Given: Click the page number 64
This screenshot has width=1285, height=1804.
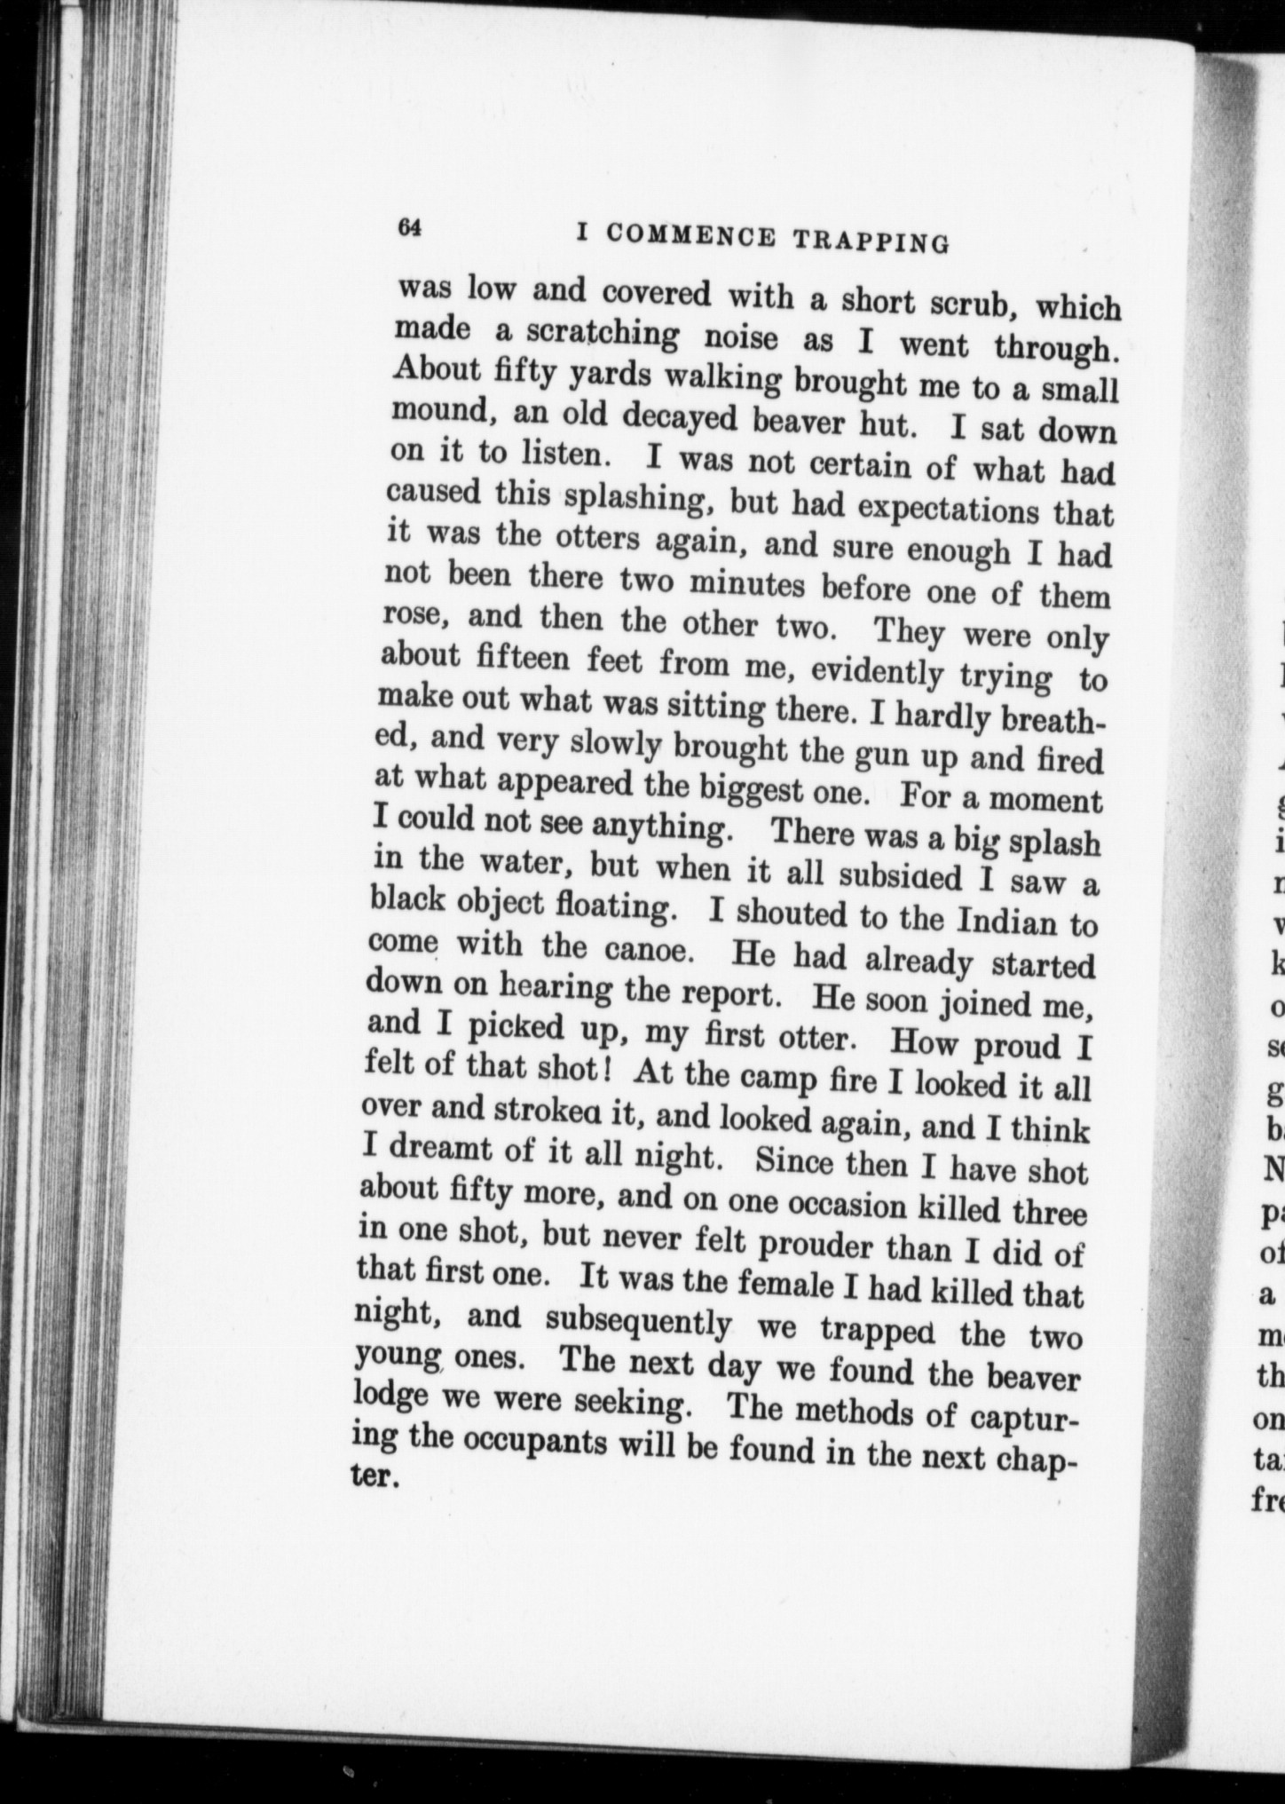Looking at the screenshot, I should pos(408,226).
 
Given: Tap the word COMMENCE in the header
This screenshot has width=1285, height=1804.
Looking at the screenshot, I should pos(692,235).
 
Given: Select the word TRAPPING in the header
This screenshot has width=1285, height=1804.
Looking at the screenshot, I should pos(871,240).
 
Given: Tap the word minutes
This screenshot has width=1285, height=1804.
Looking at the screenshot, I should pos(748,585).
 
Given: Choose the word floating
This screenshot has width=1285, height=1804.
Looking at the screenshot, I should pos(620,907).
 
